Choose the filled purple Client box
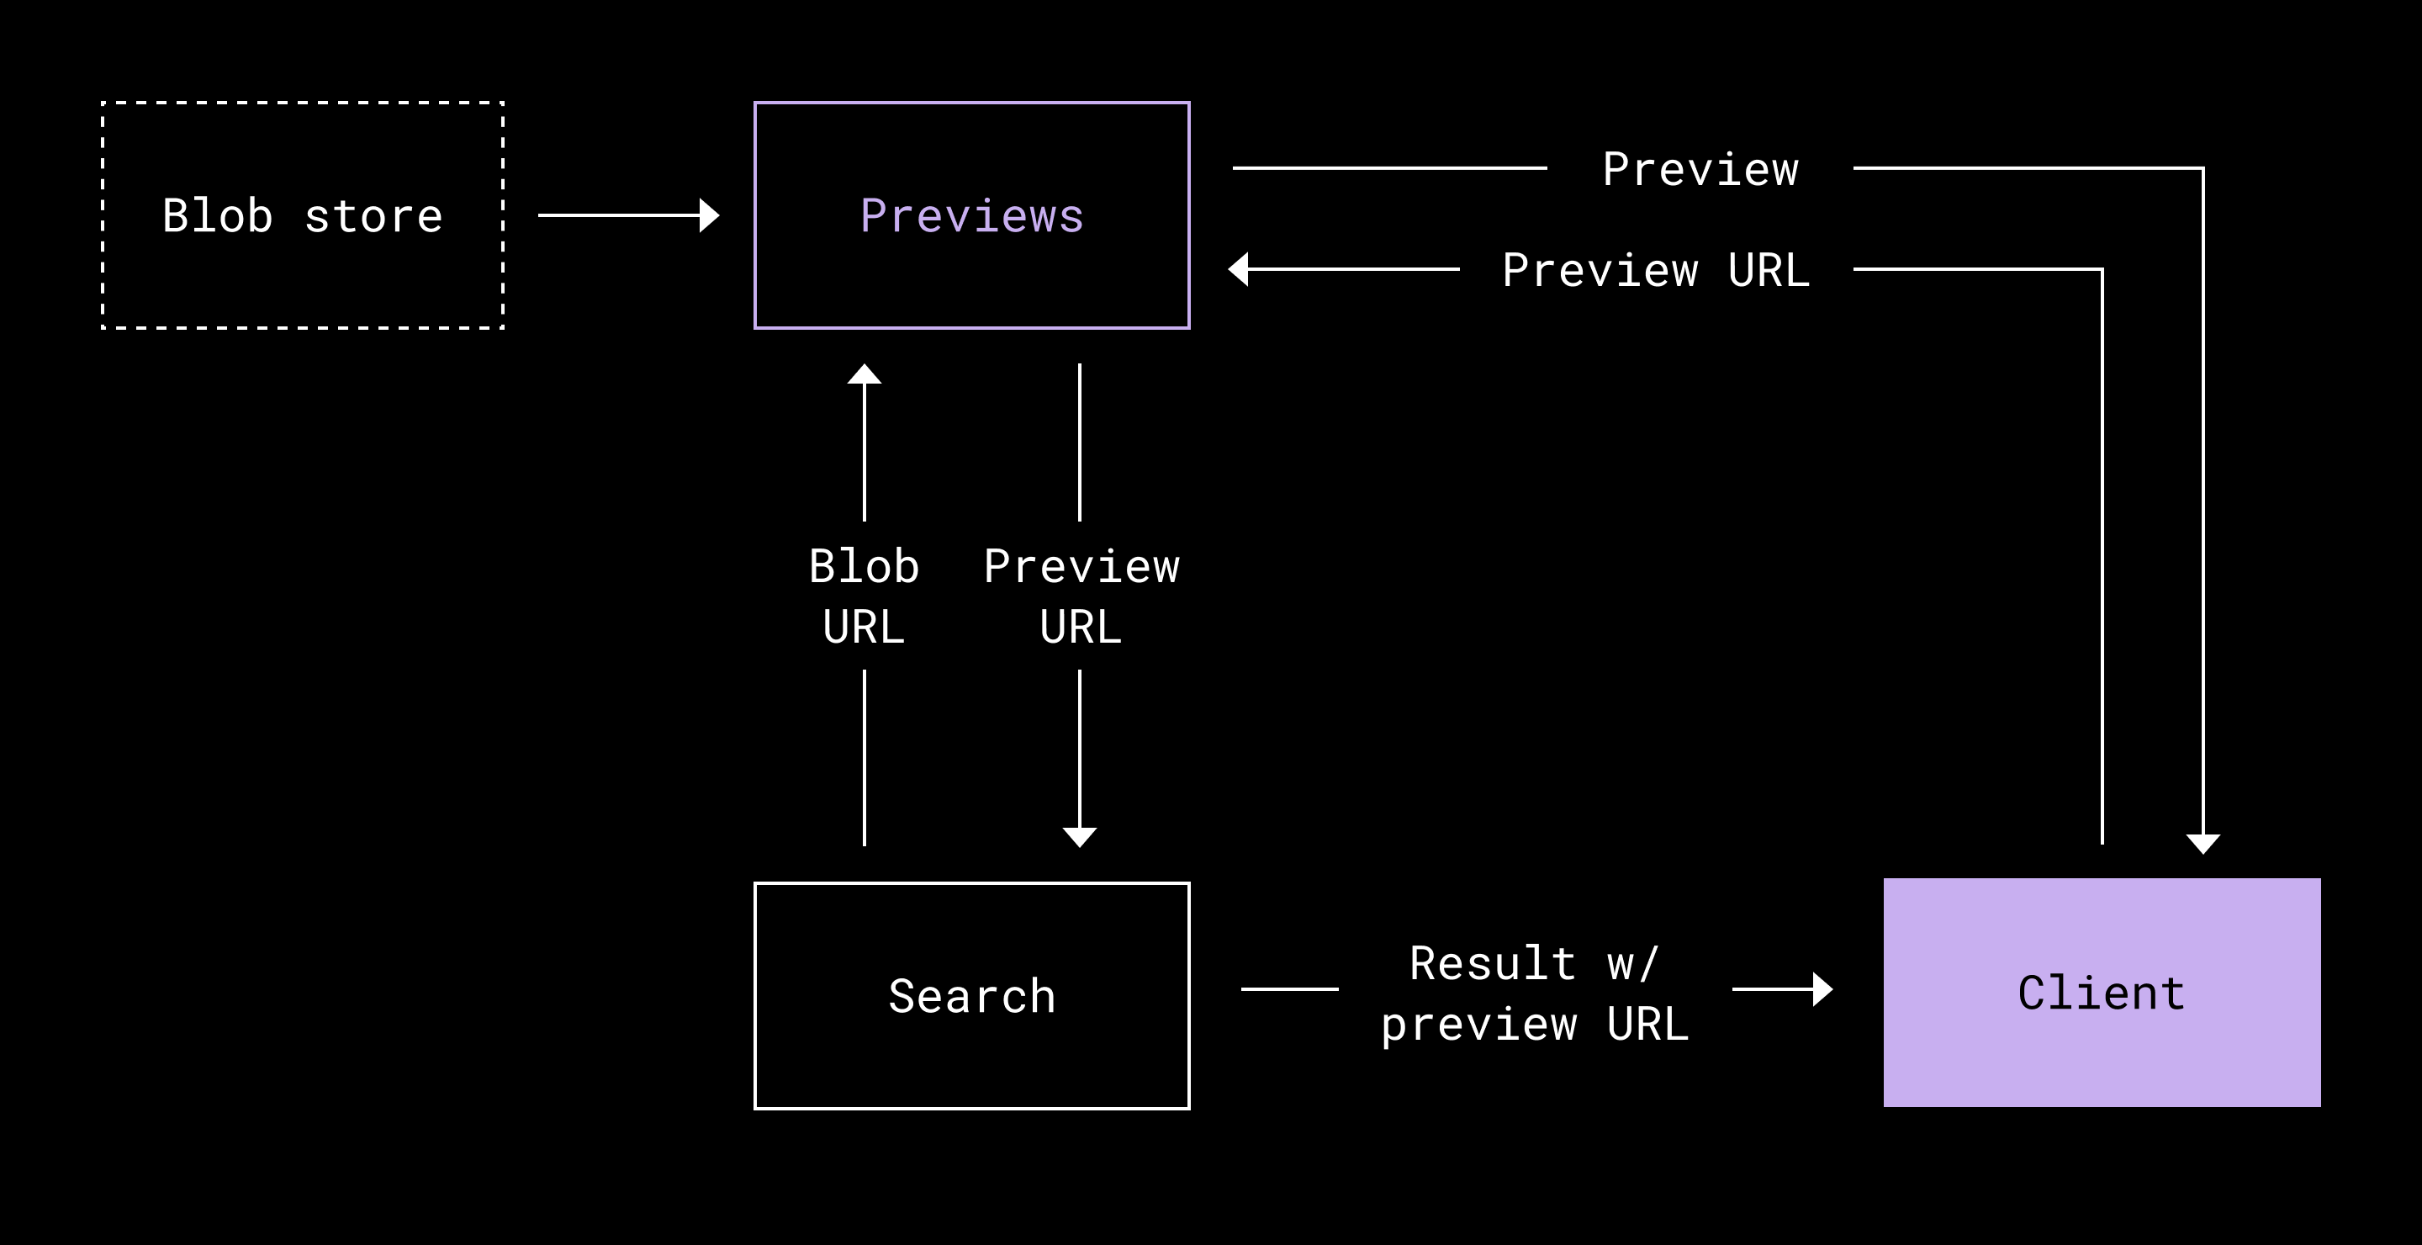[x=2102, y=992]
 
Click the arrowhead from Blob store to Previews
[x=710, y=215]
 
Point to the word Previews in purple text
[x=972, y=216]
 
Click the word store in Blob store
[x=373, y=217]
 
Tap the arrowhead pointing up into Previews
[x=864, y=373]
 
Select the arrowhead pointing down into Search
[x=1079, y=837]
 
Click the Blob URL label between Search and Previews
[x=864, y=596]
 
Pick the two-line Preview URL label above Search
[x=1081, y=596]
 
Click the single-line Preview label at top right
[x=1700, y=170]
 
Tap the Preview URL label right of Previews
[x=1656, y=270]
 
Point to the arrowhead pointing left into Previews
[x=1238, y=269]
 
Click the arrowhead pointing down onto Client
[x=2203, y=844]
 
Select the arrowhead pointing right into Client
[x=1823, y=989]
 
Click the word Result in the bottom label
[x=1493, y=964]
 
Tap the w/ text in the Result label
[x=1633, y=965]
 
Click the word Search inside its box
[x=972, y=997]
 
